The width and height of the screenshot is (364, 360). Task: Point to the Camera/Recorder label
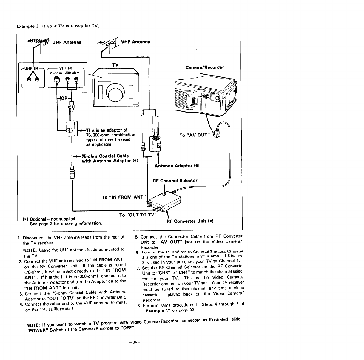(204, 67)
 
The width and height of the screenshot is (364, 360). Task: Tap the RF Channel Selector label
(175, 181)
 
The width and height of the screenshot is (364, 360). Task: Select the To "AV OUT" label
(195, 135)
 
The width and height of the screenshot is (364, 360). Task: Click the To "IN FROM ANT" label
(123, 197)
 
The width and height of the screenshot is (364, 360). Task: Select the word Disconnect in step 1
(35, 238)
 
